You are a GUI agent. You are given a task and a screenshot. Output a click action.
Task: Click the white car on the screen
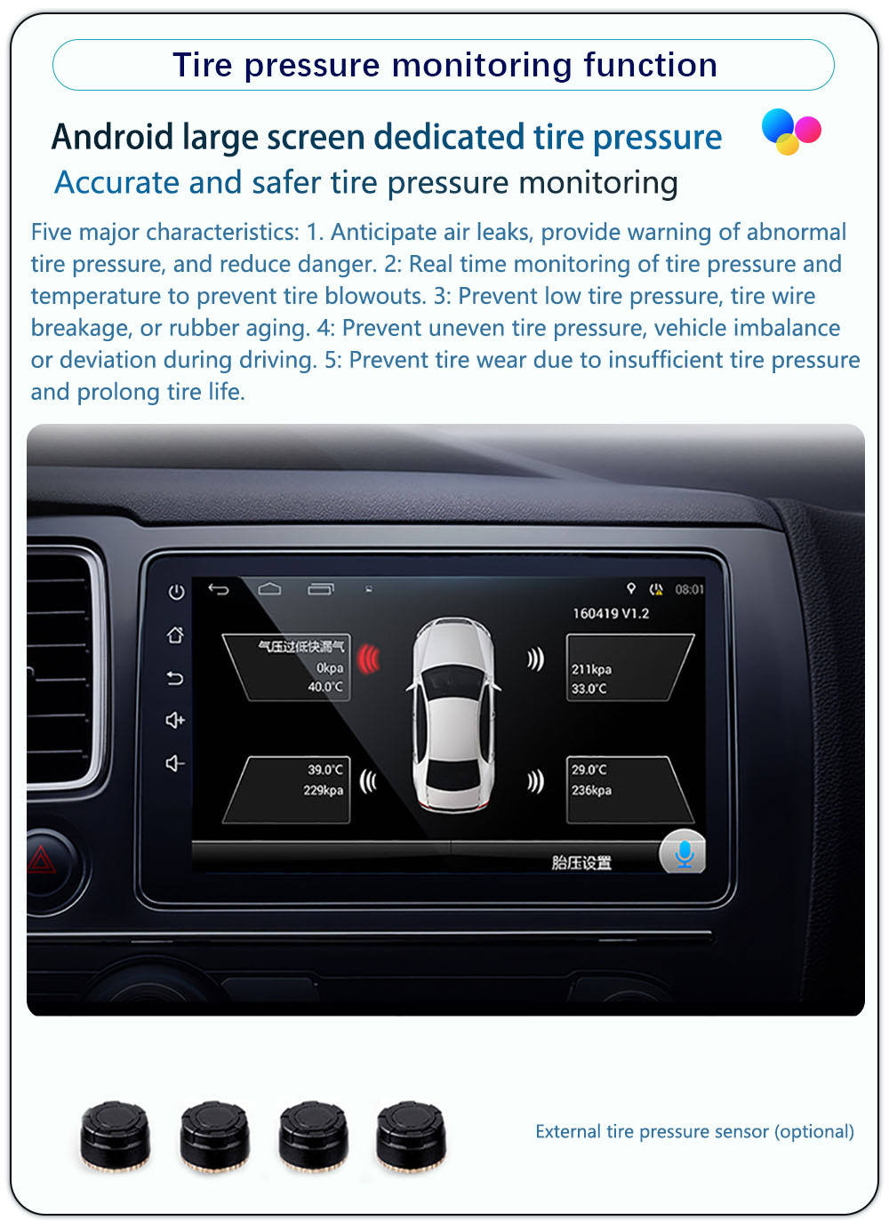pyautogui.click(x=453, y=714)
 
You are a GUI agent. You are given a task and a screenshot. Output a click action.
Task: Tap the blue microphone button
pyautogui.click(x=683, y=851)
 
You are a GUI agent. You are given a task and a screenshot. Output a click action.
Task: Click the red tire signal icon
pyautogui.click(x=369, y=659)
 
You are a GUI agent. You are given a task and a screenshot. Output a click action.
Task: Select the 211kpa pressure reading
pyautogui.click(x=590, y=669)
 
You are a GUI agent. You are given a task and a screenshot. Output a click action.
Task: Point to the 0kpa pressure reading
pyautogui.click(x=330, y=668)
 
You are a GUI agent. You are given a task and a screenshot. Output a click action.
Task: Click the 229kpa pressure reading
pyautogui.click(x=323, y=790)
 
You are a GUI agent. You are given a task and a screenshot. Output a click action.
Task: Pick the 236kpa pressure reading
pyautogui.click(x=591, y=790)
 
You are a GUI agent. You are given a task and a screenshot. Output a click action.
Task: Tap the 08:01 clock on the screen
pyautogui.click(x=689, y=589)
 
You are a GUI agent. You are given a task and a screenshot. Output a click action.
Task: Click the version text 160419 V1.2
pyautogui.click(x=611, y=613)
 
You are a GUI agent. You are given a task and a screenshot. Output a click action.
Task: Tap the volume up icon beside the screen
pyautogui.click(x=175, y=720)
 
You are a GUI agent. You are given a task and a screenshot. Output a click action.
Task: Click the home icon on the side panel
pyautogui.click(x=175, y=634)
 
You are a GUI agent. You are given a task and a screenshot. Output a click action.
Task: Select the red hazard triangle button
pyautogui.click(x=42, y=859)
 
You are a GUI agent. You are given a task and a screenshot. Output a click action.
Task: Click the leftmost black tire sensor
pyautogui.click(x=116, y=1136)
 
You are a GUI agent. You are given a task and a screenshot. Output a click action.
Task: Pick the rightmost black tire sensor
pyautogui.click(x=412, y=1136)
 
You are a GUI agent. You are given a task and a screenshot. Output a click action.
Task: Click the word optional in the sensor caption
pyautogui.click(x=813, y=1131)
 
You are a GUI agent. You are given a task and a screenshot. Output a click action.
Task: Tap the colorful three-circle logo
pyautogui.click(x=790, y=132)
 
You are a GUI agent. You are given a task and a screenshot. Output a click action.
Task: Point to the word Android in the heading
pyautogui.click(x=112, y=137)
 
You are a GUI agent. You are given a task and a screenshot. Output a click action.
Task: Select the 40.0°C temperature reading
pyautogui.click(x=325, y=686)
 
